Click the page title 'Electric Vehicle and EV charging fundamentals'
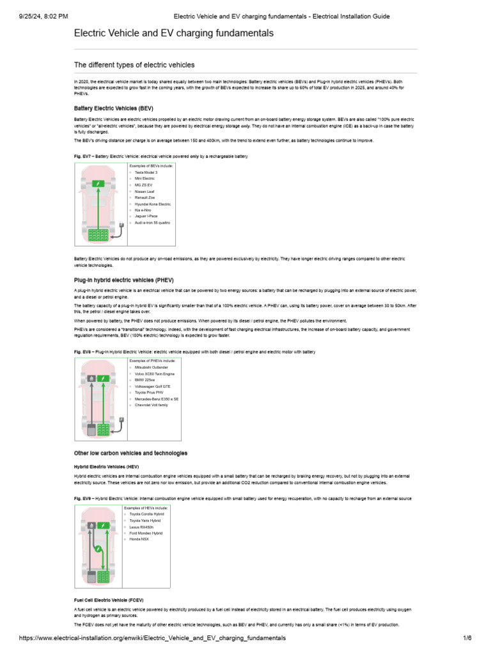coord(174,33)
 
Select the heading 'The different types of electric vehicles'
coord(134,65)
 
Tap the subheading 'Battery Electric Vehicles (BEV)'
coord(114,109)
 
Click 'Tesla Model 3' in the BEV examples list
coord(146,172)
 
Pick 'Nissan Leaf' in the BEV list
coord(144,191)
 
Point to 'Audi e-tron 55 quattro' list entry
coord(153,223)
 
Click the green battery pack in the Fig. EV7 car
coord(98,234)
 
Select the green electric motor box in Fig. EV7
coord(98,184)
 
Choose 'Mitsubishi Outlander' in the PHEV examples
coord(152,368)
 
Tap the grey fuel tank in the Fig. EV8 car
coord(91,429)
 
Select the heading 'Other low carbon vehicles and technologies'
coord(131,453)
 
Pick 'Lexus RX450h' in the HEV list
coord(142,526)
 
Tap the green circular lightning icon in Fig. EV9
coord(98,549)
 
